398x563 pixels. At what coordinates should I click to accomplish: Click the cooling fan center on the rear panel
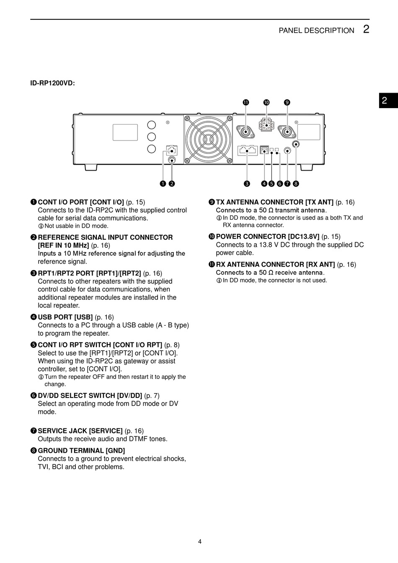click(208, 139)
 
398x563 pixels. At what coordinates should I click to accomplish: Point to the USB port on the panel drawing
click(264, 149)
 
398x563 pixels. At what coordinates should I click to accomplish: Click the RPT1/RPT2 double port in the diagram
click(247, 150)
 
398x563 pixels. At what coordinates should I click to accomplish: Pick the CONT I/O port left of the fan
click(171, 149)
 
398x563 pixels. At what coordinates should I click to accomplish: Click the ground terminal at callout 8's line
click(296, 145)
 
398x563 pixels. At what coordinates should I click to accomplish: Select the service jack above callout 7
click(287, 150)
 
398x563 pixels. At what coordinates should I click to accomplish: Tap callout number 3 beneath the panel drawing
click(247, 183)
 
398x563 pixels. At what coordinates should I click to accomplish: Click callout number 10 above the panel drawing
click(266, 102)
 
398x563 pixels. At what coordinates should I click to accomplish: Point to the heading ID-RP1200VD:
click(52, 83)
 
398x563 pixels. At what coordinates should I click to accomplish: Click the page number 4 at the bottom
click(200, 541)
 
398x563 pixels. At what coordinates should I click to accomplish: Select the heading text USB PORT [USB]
click(65, 317)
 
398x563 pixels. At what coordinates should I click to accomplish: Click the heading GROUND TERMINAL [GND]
click(81, 451)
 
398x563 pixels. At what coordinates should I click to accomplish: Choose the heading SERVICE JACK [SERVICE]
click(80, 431)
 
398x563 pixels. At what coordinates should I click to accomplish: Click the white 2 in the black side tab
click(385, 101)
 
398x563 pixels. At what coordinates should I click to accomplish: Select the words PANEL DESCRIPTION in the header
click(316, 31)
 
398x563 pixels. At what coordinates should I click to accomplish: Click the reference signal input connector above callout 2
click(171, 160)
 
